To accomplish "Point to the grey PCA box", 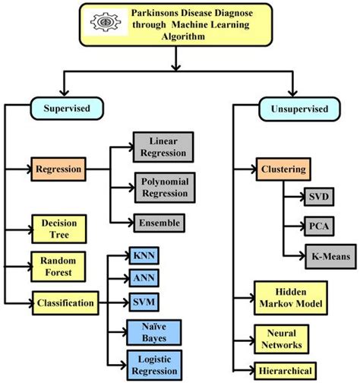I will [x=317, y=226].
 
